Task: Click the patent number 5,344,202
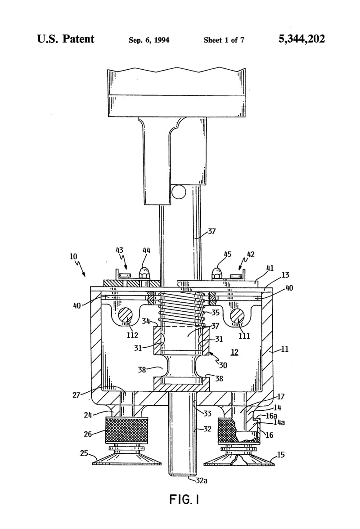[301, 39]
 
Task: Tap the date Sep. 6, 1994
[149, 40]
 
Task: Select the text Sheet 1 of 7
[224, 40]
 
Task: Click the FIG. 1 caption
[184, 499]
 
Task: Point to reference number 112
[132, 335]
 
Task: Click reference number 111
[244, 336]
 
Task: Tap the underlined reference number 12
[234, 352]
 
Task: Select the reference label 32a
[202, 480]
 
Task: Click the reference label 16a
[271, 416]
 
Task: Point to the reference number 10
[73, 256]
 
